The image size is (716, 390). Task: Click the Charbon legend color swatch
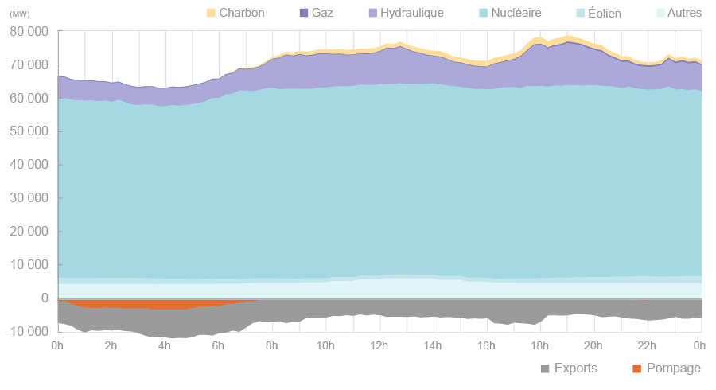[x=211, y=13]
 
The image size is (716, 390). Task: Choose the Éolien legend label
[x=621, y=13]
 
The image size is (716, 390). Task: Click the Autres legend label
[x=684, y=13]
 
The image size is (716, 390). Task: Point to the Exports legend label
[x=575, y=369]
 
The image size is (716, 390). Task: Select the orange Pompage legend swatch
[x=636, y=369]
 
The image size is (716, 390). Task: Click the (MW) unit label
[x=19, y=14]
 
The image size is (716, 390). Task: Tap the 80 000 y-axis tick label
[x=29, y=31]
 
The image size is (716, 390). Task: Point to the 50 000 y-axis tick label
[x=29, y=131]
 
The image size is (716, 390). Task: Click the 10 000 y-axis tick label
[x=29, y=265]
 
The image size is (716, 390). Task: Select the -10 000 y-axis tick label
[x=27, y=332]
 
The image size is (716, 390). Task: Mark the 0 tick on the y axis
[x=44, y=298]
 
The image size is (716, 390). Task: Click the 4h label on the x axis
[x=165, y=345]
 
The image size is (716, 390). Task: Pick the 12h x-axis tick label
[x=379, y=345]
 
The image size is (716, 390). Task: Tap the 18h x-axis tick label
[x=540, y=345]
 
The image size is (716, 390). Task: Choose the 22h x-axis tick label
[x=648, y=345]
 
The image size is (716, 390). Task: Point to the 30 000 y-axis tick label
[x=29, y=198]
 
